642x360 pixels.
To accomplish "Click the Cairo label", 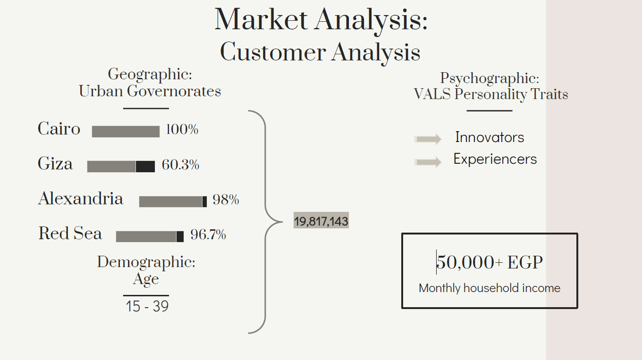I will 59,129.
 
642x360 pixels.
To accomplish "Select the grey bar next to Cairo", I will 126,131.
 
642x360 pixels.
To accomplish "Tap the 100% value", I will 182,129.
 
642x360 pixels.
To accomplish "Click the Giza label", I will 55,164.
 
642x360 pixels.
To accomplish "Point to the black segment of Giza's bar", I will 145,167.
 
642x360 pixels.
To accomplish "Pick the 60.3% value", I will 180,165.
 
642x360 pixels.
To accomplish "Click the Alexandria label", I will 81,199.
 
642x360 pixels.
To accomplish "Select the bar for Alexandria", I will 171,201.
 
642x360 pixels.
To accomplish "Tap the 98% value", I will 226,200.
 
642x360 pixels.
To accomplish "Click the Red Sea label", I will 70,233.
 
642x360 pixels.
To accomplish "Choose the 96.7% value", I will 208,234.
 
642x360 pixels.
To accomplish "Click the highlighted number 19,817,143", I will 321,221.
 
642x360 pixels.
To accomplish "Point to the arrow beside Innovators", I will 428,139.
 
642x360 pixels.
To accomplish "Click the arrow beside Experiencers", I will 428,162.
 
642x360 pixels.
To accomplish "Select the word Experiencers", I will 495,159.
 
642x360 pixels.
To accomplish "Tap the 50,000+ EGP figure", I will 490,262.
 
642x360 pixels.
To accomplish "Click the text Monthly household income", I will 490,288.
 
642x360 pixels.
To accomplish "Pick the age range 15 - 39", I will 147,306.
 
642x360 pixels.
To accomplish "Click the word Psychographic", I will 489,78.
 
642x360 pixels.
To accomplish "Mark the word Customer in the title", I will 273,52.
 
